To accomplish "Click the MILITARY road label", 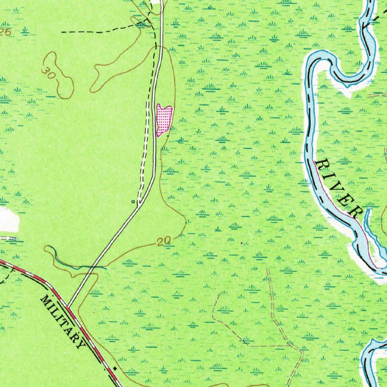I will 62,321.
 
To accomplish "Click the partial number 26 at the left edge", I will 5,33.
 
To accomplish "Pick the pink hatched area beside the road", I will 164,119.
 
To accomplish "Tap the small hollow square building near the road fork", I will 133,202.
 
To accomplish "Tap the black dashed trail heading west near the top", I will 94,32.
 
